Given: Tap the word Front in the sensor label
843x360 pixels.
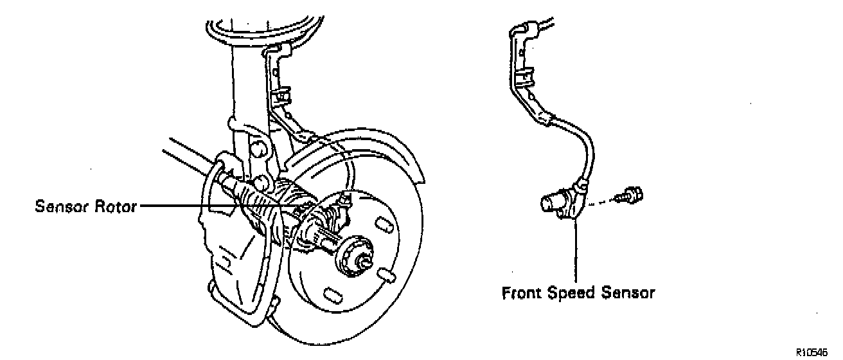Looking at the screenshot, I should pos(522,293).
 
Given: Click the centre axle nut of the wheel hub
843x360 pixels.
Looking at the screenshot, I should pos(361,257).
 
